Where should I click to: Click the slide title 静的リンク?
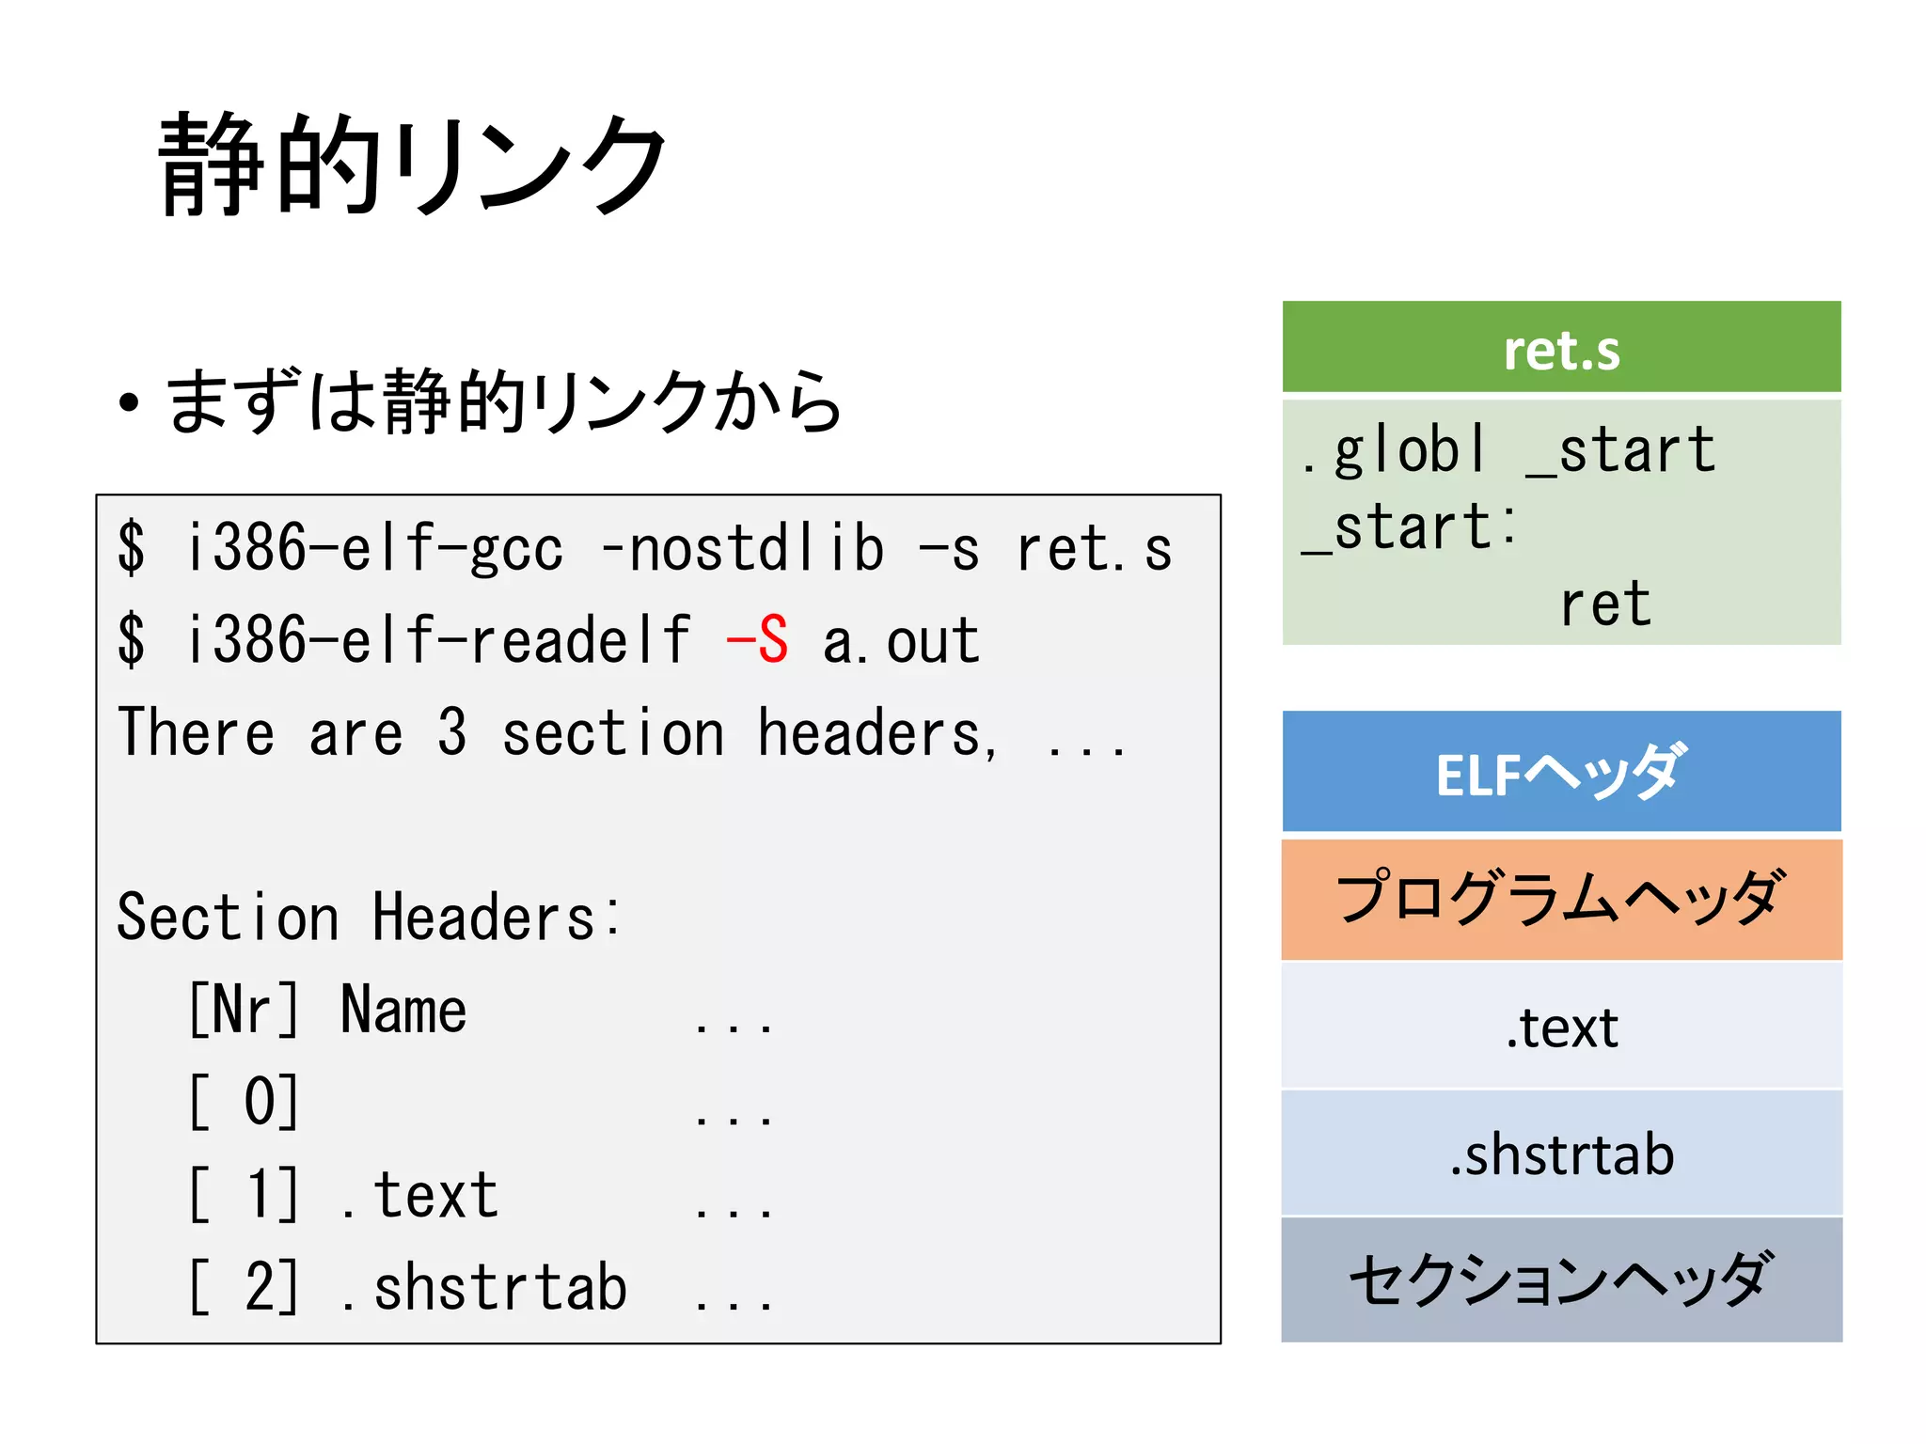pos(411,165)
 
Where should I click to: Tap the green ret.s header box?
pos(1561,348)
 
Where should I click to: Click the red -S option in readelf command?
pos(757,641)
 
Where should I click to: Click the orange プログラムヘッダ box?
pos(1561,899)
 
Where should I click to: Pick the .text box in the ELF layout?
pos(1561,1027)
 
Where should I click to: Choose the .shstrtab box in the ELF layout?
pos(1561,1154)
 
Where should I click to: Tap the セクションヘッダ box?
pos(1561,1280)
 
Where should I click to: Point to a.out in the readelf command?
pos(901,641)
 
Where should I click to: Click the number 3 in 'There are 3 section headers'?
pos(451,732)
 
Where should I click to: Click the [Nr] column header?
pos(244,1010)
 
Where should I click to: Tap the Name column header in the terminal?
pos(403,1010)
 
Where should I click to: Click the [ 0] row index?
pos(244,1102)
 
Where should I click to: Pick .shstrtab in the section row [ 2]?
pos(483,1288)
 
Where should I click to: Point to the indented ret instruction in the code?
pos(1604,604)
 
